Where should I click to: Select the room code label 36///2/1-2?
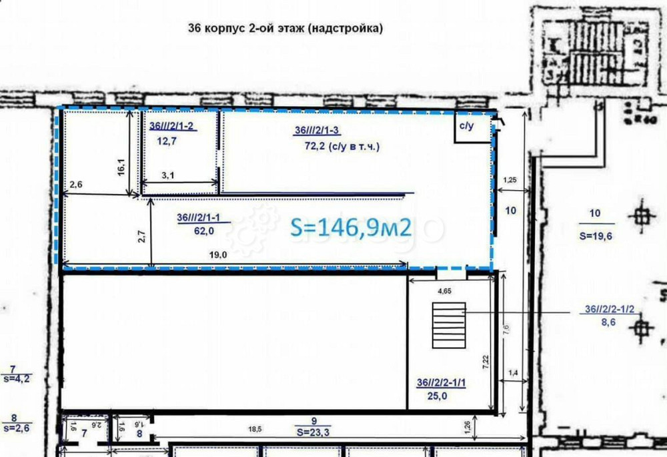tap(172, 126)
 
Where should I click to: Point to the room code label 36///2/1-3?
tap(318, 131)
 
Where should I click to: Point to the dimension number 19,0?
tap(218, 254)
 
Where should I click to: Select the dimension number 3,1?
tap(168, 175)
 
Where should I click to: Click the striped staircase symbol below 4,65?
tap(448, 324)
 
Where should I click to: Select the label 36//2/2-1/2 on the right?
tap(609, 309)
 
